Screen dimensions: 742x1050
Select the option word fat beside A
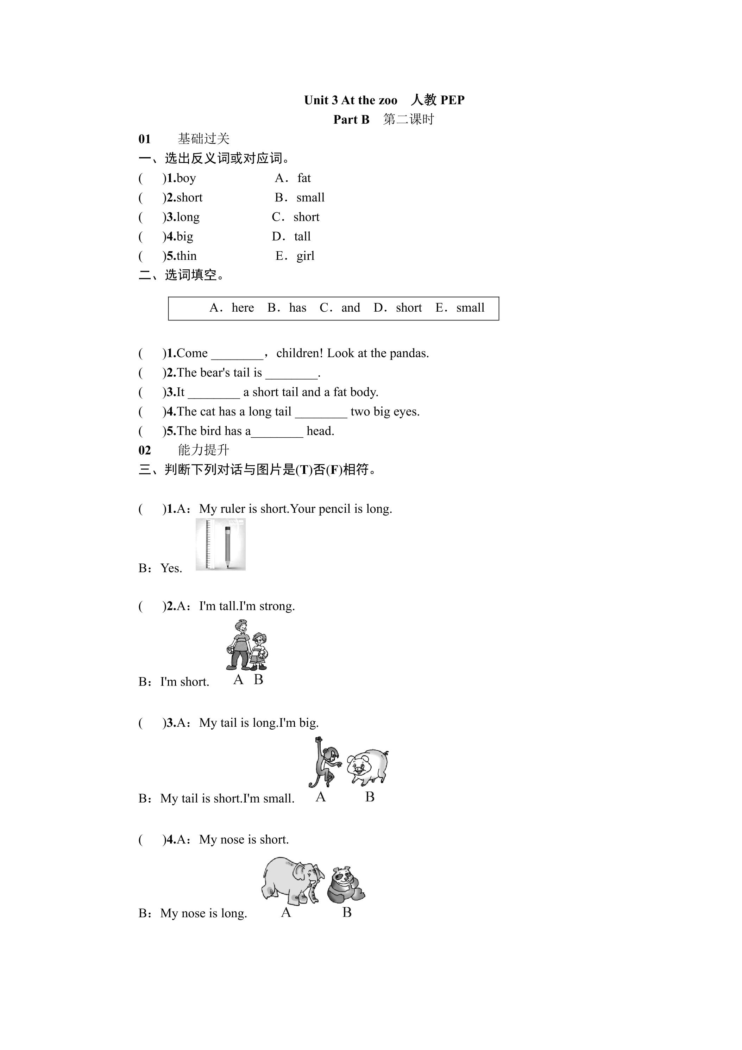[x=304, y=178]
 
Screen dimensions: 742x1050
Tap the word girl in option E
[x=306, y=256]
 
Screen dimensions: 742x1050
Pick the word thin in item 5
[x=187, y=256]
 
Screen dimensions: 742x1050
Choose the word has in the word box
[x=298, y=308]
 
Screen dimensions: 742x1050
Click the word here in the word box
[x=243, y=308]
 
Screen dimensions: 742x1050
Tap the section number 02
[x=144, y=450]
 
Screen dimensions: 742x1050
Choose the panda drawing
[x=346, y=885]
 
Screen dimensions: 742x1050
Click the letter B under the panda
[x=347, y=913]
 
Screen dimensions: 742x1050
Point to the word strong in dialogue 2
[x=277, y=606]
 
